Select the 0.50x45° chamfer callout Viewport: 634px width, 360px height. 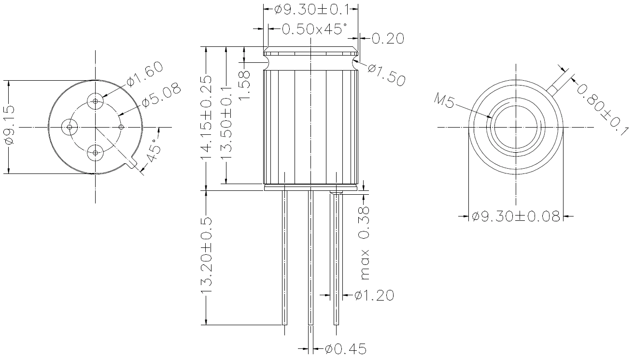coord(314,29)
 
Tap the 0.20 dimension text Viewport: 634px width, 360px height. coord(388,38)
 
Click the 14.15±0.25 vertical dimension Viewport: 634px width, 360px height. coord(207,117)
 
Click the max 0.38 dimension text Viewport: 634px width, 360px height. coord(365,243)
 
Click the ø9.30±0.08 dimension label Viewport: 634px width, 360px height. coord(516,216)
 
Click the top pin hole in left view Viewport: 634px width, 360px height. coord(96,101)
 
